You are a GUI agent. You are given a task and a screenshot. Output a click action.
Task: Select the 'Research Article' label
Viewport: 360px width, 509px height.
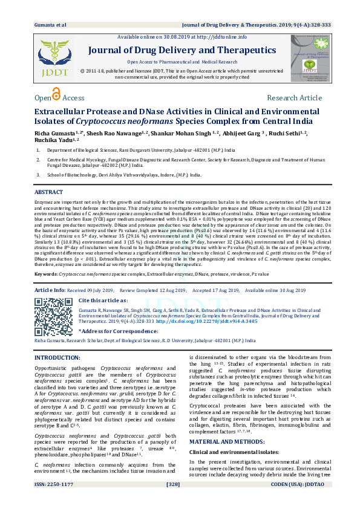[294, 98]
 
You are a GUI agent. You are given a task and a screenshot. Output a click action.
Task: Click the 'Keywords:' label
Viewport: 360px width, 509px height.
[47, 274]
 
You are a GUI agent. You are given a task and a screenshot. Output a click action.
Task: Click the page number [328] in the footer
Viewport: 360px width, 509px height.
[180, 502]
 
